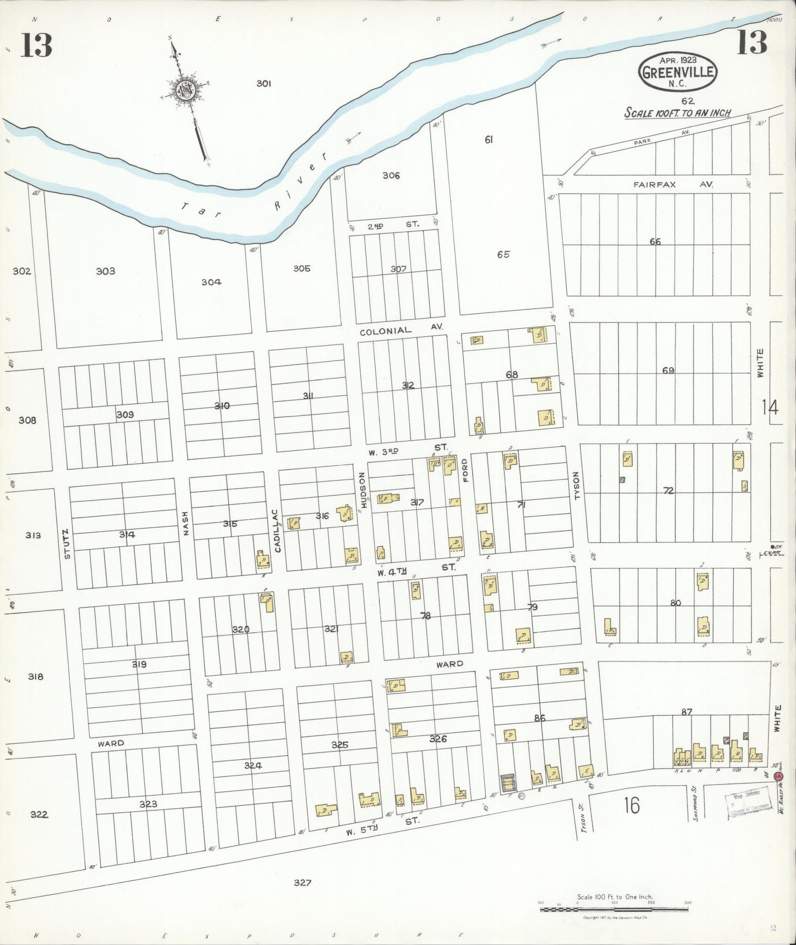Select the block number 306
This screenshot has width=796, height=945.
(x=391, y=176)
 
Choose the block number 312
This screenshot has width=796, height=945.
(x=408, y=385)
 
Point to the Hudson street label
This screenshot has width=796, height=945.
(x=363, y=490)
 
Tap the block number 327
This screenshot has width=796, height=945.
(x=302, y=883)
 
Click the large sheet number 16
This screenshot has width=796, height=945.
(x=632, y=806)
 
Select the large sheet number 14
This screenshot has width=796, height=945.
(x=770, y=407)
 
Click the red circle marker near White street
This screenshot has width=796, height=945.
(x=778, y=776)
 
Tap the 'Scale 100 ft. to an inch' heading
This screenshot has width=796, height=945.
(x=677, y=113)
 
